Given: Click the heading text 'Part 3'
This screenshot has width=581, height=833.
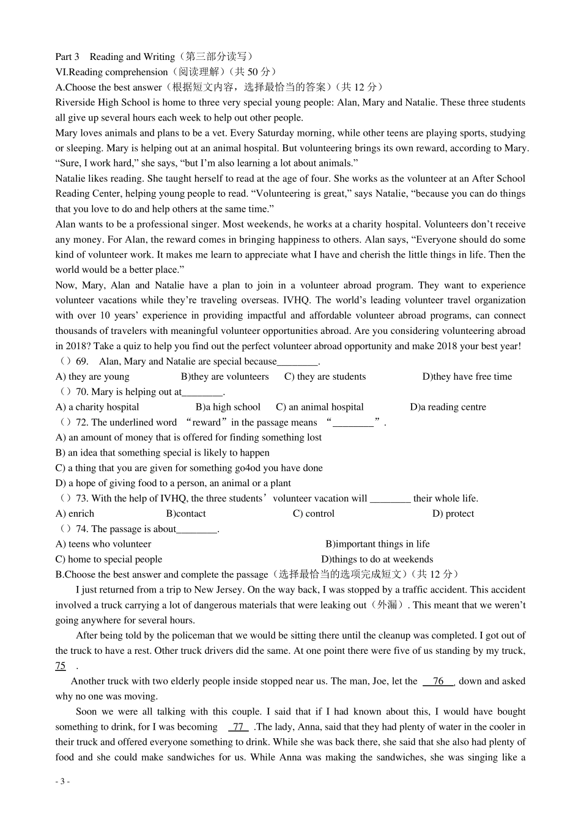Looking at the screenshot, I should pos(67,57).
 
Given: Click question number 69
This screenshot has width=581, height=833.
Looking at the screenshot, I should pos(82,361).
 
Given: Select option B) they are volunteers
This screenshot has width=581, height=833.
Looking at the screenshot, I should pos(224,377).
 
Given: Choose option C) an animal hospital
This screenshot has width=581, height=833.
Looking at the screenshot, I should pos(319,407).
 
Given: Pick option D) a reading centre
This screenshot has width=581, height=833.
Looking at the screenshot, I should pos(448,407).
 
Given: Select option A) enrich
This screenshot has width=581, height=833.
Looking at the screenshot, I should pos(75,514).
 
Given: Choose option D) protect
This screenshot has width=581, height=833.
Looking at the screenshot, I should pos(453,514).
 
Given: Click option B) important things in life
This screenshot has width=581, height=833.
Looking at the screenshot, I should pos(377,544).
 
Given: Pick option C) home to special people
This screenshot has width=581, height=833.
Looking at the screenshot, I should pos(109,560).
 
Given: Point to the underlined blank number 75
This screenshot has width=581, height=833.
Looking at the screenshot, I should pos(61,666).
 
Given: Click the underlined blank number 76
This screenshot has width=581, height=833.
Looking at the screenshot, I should pos(438,681).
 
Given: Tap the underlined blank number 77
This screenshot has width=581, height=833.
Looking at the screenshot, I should pos(238,727).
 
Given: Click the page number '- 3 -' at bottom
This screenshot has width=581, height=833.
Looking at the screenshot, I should pos(62,782).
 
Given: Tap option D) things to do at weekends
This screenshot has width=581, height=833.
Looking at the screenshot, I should pos(377,560).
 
